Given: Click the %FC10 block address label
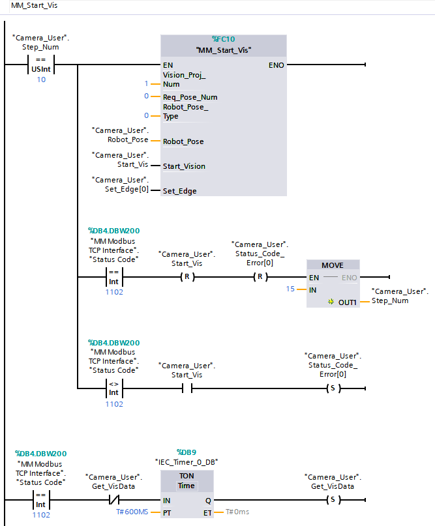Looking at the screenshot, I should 224,40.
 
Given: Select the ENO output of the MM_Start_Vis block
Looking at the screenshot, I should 275,65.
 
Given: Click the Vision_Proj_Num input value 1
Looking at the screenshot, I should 147,83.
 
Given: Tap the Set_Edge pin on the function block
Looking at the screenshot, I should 179,191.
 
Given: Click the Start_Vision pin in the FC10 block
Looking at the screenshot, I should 184,166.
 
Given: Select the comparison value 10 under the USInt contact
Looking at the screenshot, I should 41,80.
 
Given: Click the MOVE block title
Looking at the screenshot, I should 333,265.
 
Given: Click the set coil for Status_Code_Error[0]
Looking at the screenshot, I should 333,389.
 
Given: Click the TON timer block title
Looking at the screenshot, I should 187,476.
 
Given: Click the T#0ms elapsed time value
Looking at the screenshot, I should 237,512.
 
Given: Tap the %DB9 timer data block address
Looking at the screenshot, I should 187,452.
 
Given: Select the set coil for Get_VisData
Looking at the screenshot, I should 333,500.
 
